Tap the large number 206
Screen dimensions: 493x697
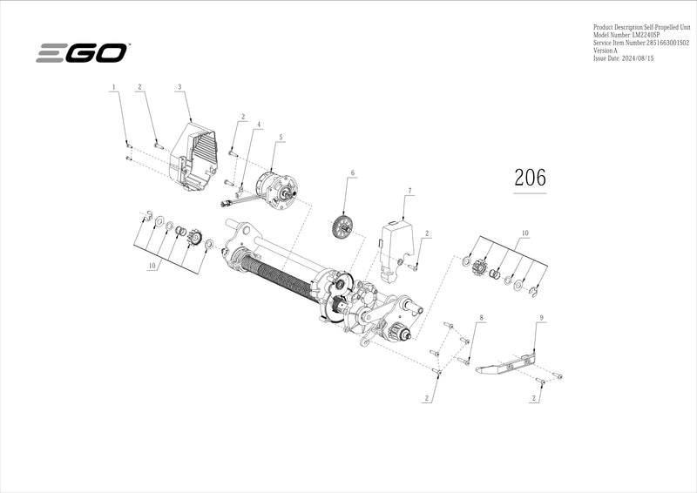(530, 177)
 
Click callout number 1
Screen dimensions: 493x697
(112, 87)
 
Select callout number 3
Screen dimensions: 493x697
(179, 87)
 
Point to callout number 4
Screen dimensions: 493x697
(258, 125)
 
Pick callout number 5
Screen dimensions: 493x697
(281, 138)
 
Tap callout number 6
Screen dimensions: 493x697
(353, 173)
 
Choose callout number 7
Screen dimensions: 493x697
(409, 189)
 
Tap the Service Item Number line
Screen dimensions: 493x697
(640, 43)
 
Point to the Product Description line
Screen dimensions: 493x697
(639, 28)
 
